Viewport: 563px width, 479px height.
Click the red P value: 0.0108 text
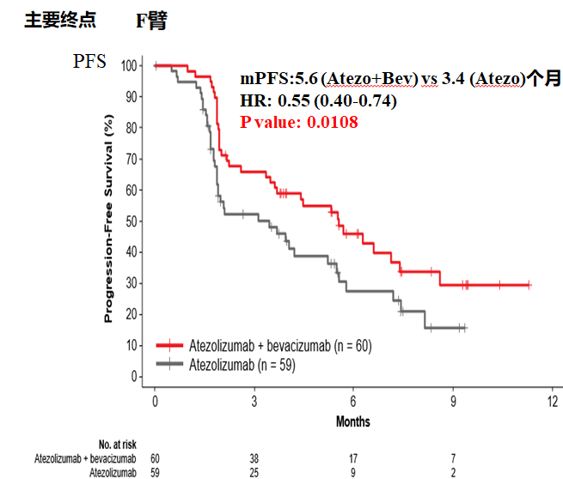[299, 122]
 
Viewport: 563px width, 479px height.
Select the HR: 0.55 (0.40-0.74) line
[318, 100]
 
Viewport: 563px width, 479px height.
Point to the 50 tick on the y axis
[132, 221]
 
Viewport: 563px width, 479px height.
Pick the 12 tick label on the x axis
[551, 403]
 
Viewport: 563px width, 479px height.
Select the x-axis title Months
[352, 421]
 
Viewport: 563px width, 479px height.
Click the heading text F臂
[150, 21]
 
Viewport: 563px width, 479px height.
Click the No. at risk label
[117, 444]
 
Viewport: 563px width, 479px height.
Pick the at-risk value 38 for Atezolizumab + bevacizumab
[254, 458]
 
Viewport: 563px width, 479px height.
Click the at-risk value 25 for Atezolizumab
[254, 471]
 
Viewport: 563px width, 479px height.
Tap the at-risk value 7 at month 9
[452, 458]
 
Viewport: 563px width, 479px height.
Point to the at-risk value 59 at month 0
[155, 471]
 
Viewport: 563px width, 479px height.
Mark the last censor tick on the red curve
[529, 284]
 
